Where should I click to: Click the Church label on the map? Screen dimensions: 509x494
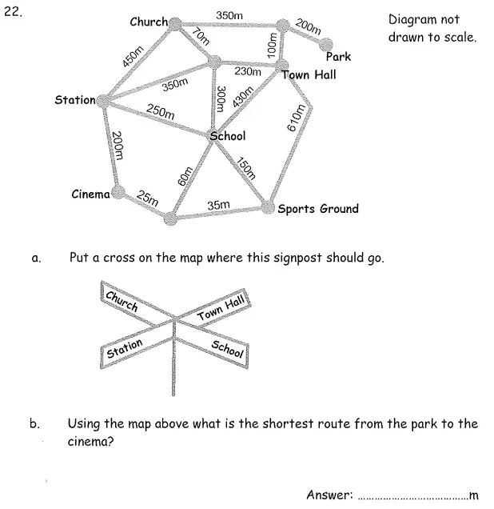click(149, 22)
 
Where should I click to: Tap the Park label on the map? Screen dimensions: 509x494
click(338, 57)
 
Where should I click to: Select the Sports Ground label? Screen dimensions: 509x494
click(317, 209)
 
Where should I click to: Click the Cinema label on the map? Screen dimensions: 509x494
click(90, 194)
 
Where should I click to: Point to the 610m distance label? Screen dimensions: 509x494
click(297, 117)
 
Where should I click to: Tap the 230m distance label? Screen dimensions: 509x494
click(248, 72)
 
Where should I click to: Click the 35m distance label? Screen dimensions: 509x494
click(218, 206)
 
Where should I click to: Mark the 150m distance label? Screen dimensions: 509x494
click(245, 166)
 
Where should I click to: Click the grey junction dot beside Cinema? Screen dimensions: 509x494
click(118, 192)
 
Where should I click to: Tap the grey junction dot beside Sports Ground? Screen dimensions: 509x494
click(268, 208)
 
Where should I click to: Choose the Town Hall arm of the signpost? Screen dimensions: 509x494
click(221, 308)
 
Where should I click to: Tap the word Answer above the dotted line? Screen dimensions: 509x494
click(329, 495)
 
